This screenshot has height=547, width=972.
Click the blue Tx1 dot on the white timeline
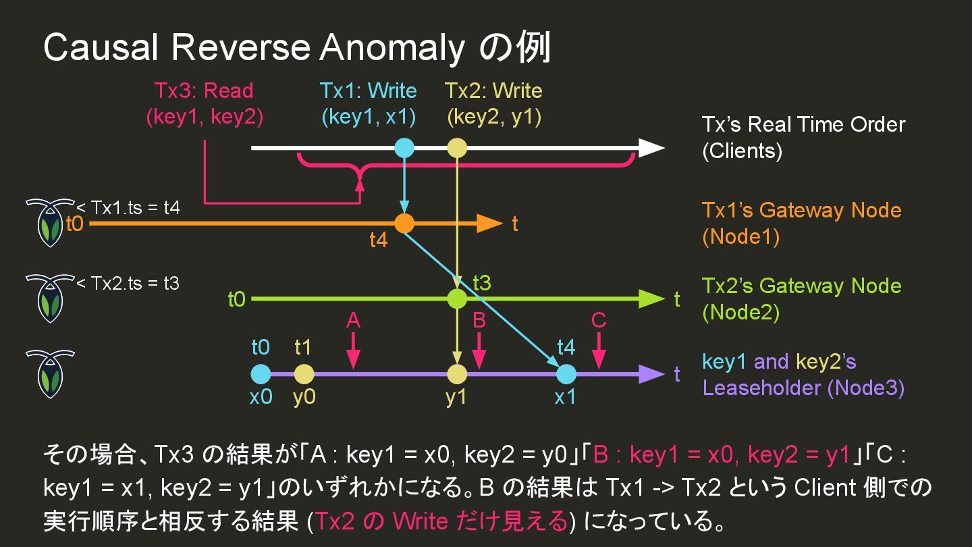[x=404, y=148]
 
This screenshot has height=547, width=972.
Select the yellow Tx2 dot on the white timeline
[x=457, y=148]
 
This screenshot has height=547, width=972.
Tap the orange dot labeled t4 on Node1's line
[x=404, y=223]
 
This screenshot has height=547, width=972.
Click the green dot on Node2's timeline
[x=457, y=298]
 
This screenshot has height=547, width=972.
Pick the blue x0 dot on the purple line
[x=261, y=373]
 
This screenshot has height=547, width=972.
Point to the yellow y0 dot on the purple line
[x=304, y=373]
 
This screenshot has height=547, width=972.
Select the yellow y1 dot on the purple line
[x=457, y=373]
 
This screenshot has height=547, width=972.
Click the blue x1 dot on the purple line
[x=566, y=373]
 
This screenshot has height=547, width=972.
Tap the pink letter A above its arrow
[x=353, y=320]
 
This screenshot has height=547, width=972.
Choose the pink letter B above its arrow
[x=479, y=320]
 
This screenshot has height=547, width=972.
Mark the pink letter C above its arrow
[x=598, y=320]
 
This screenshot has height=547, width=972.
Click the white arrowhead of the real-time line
[x=651, y=148]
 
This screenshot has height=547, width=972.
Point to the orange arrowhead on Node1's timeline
[x=489, y=223]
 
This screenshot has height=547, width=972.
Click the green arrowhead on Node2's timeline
[x=651, y=298]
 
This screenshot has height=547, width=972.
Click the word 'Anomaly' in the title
[x=392, y=49]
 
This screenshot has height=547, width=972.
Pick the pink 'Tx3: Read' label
[x=204, y=90]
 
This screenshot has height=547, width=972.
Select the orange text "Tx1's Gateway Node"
[x=801, y=210]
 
